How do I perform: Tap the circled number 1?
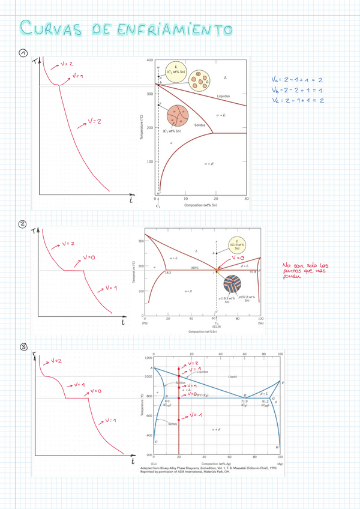pos(23,53)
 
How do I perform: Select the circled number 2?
pos(23,224)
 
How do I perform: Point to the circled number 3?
pos(23,346)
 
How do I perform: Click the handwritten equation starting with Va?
pos(297,79)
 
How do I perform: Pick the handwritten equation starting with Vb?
pos(297,90)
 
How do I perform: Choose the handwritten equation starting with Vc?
pos(297,100)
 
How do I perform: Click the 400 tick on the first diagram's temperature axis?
pos(149,61)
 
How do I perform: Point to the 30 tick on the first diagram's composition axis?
pos(246,199)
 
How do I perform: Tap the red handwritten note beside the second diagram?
pos(307,271)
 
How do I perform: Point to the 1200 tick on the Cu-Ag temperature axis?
pos(148,357)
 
